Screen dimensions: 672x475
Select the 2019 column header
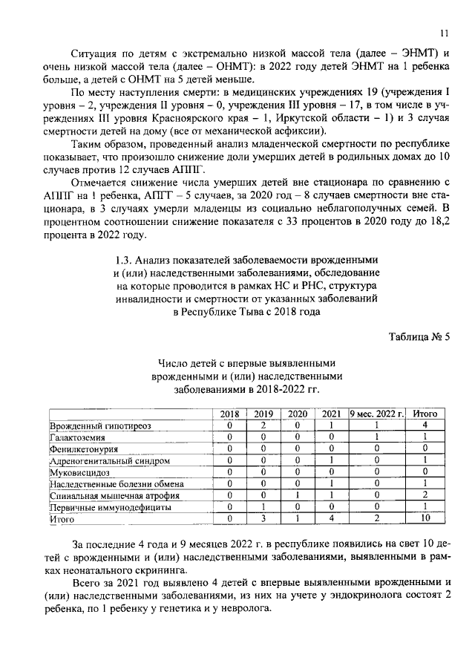coord(263,414)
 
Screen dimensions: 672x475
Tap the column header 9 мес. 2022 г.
coord(376,414)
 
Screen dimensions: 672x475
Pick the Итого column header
coord(425,414)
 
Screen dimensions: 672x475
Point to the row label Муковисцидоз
coord(79,472)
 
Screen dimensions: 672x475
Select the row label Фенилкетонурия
coord(83,449)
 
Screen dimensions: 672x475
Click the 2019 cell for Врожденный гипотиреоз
coord(263,425)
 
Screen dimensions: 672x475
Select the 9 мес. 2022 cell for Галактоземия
coord(376,437)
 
